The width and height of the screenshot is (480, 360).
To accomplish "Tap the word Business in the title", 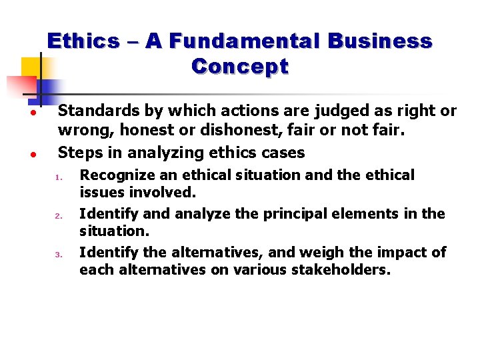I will pyautogui.click(x=378, y=41).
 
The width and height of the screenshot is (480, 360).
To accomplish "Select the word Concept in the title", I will pyautogui.click(x=240, y=67).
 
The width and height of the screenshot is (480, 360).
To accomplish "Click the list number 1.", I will pyautogui.click(x=59, y=177).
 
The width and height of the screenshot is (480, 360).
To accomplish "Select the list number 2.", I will pyautogui.click(x=59, y=216).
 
